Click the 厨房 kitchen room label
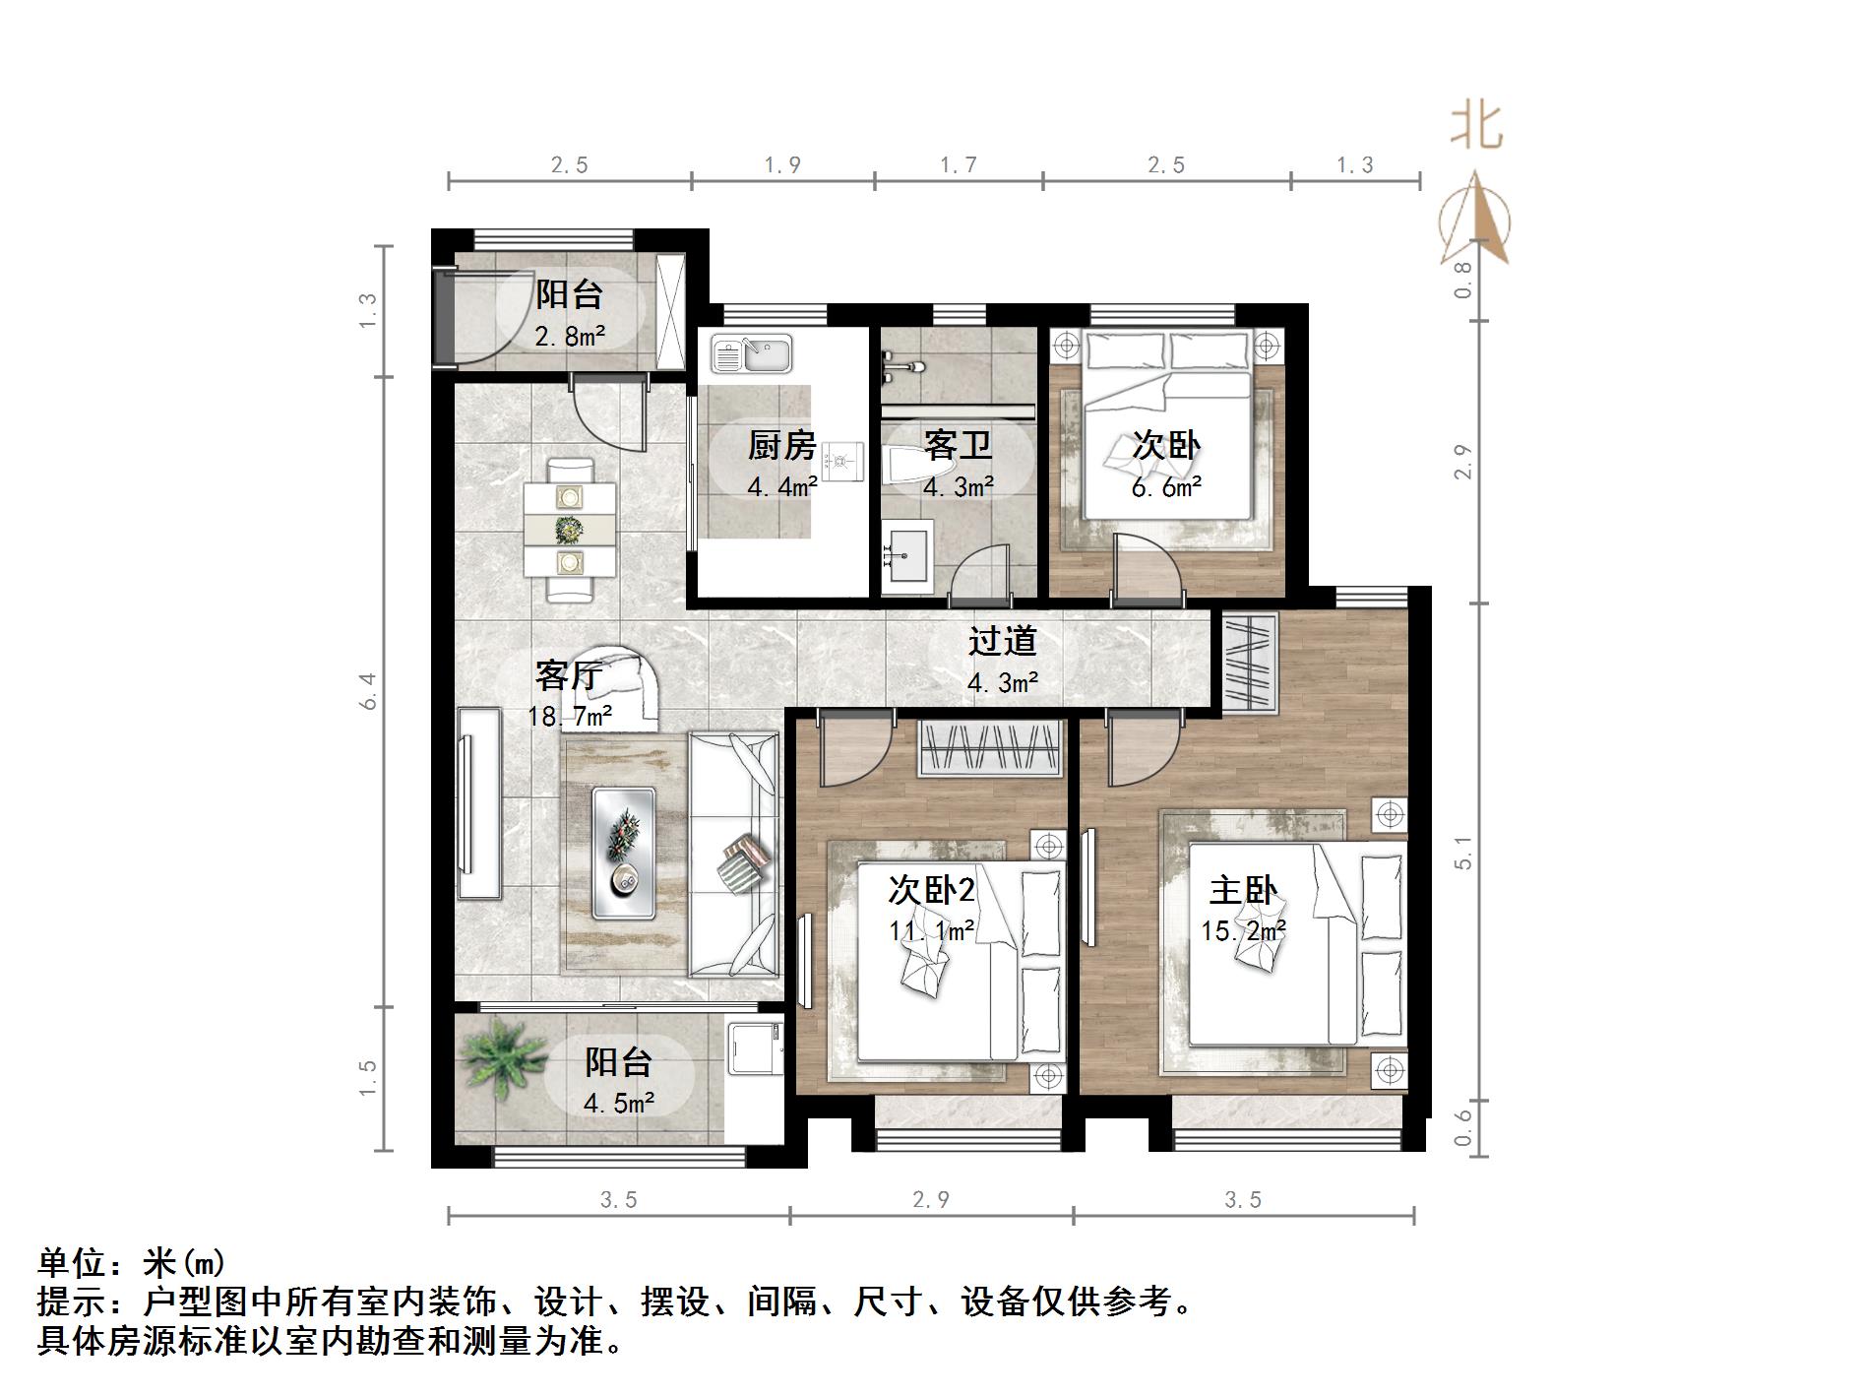[x=781, y=446]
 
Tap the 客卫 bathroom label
[x=957, y=446]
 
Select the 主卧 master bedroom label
[x=1243, y=891]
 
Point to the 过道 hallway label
[x=1003, y=641]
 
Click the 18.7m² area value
[x=570, y=717]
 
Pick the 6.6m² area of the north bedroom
[x=1166, y=486]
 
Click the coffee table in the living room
[x=624, y=853]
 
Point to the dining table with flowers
[x=570, y=530]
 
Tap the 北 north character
[x=1476, y=128]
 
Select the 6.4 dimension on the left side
[x=368, y=691]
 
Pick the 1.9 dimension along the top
[x=782, y=165]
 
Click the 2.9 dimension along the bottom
[x=930, y=1200]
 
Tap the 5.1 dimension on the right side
[x=1463, y=853]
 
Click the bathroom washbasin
[x=906, y=557]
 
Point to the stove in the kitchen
[x=842, y=460]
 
